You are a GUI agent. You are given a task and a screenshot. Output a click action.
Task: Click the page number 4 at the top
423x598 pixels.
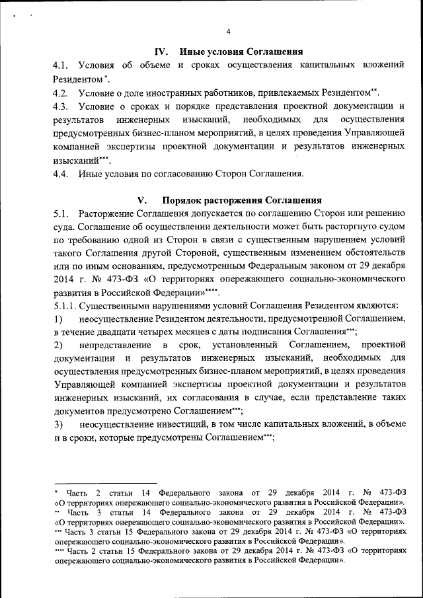click(227, 32)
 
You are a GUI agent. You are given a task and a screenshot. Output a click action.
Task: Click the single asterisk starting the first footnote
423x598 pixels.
click(56, 493)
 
